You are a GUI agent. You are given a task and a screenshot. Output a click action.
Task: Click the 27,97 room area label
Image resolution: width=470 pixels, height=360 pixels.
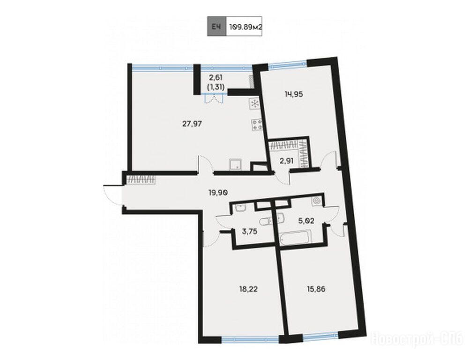click(x=192, y=123)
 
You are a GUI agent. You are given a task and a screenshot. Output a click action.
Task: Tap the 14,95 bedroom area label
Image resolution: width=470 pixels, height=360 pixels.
click(x=294, y=94)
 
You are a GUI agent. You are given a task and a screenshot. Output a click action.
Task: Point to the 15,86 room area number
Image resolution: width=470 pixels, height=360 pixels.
click(x=316, y=289)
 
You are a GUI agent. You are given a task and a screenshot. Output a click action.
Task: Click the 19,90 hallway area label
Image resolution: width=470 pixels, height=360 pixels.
click(x=218, y=193)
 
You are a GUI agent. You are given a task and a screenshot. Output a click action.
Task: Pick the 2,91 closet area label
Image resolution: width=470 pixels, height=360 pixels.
click(x=286, y=161)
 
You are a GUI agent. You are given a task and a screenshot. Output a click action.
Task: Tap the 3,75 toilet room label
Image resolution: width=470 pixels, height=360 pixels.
click(x=249, y=231)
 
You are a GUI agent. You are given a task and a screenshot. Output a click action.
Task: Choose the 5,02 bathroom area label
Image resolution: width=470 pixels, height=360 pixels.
click(x=306, y=221)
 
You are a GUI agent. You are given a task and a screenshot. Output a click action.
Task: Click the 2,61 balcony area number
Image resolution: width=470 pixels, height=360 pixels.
click(x=216, y=78)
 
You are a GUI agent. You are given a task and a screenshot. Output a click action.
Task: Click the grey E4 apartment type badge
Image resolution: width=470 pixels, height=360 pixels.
click(x=216, y=26)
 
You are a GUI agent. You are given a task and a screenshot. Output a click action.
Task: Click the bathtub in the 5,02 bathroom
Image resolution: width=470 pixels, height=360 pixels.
click(x=295, y=238)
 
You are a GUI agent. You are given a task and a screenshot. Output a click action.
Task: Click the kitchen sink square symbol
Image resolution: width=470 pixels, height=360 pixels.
click(x=236, y=165)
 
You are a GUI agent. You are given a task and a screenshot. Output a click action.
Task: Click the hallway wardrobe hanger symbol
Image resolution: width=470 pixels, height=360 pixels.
click(x=141, y=179)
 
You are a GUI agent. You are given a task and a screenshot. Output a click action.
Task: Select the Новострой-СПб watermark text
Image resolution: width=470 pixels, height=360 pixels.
click(x=418, y=339)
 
